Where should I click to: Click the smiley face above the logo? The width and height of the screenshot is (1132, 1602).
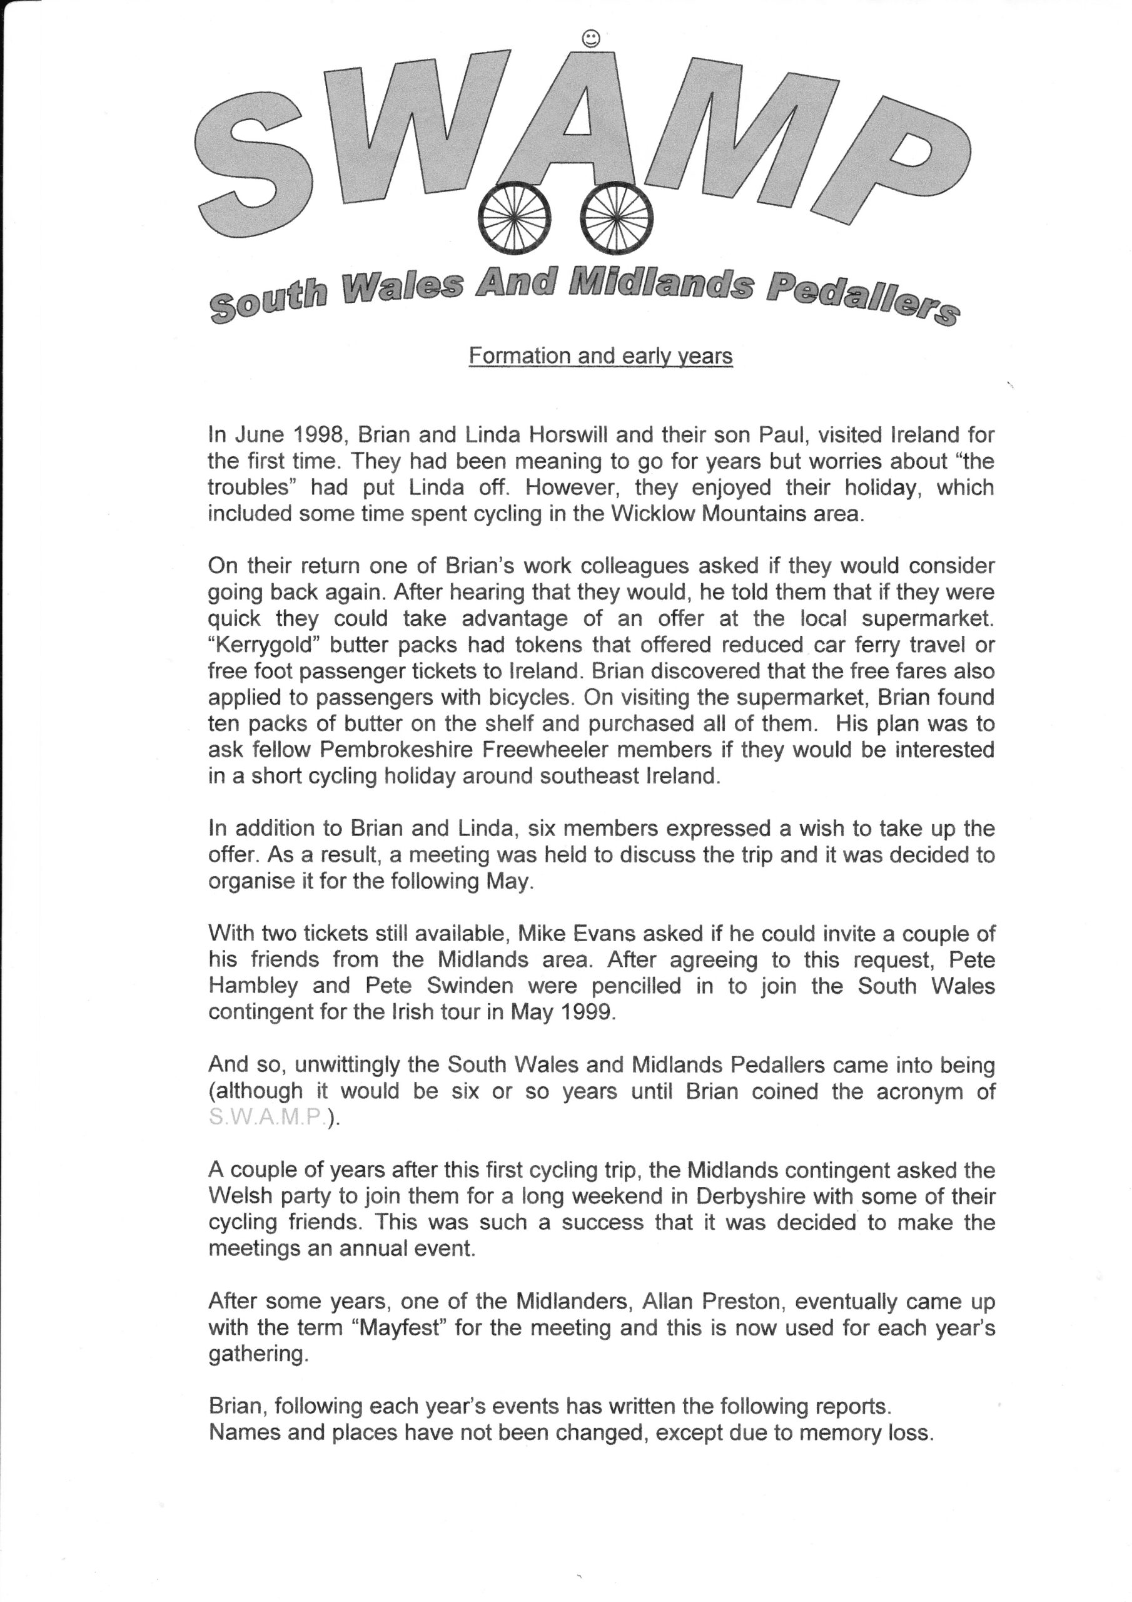[x=590, y=39]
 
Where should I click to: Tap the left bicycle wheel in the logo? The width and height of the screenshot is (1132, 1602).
[x=513, y=217]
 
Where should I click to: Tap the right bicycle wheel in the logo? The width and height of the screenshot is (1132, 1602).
[x=617, y=217]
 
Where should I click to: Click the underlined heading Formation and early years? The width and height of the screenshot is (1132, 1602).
[x=600, y=357]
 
